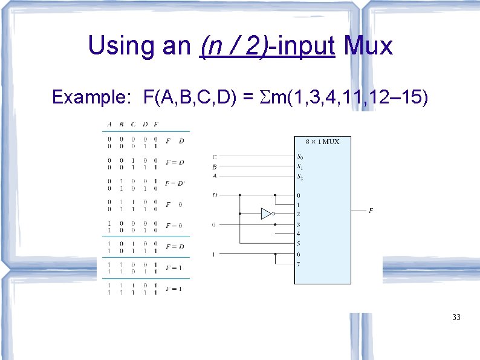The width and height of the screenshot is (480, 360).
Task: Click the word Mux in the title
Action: point(368,45)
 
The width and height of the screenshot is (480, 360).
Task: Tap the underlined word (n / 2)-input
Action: point(267,46)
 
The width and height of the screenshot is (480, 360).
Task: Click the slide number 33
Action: point(456,316)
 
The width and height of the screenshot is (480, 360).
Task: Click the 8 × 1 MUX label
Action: point(322,142)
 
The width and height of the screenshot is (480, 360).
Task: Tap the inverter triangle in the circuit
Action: point(267,214)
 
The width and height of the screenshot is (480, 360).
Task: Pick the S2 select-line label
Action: point(300,176)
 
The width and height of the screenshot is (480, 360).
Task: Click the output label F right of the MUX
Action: point(371,211)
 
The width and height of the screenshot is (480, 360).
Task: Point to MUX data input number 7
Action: point(297,263)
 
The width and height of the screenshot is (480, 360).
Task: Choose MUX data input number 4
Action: point(297,234)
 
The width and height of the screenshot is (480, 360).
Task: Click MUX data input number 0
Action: point(297,195)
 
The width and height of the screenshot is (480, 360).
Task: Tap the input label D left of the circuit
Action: point(215,195)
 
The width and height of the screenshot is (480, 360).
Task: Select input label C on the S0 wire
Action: point(215,157)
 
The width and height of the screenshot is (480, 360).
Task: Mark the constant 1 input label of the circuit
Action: point(213,254)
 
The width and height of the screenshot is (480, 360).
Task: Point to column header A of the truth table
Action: point(109,125)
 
